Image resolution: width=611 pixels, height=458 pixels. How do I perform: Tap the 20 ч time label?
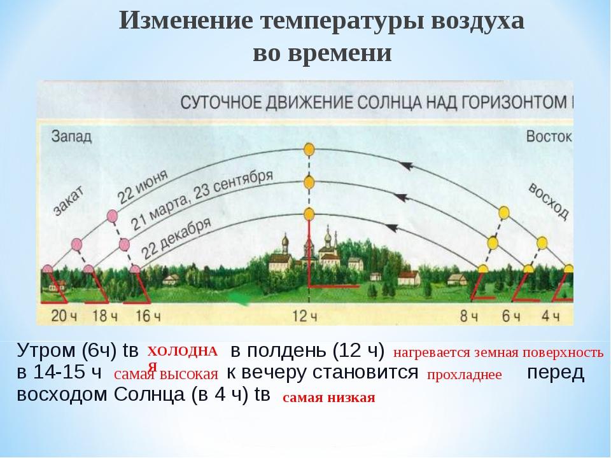click(64, 316)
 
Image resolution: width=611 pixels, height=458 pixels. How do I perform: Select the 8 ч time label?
click(469, 316)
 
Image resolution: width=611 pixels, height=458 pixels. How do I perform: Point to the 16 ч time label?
click(148, 316)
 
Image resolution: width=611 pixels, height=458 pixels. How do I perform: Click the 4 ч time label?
click(551, 316)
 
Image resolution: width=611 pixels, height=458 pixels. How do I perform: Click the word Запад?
click(71, 136)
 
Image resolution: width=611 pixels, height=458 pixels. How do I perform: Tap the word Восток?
click(549, 136)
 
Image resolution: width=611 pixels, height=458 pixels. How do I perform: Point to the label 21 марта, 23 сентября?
click(202, 200)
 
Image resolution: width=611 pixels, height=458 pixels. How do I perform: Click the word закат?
click(69, 200)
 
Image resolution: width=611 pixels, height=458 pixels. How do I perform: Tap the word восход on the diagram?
click(548, 201)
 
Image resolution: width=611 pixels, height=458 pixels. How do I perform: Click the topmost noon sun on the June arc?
click(309, 149)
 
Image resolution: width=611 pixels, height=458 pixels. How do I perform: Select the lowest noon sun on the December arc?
click(309, 214)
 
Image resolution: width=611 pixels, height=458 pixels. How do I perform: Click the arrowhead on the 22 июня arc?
click(407, 165)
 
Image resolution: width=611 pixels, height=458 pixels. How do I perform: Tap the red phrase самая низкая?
click(329, 398)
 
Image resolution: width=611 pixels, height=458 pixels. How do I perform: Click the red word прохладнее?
click(465, 375)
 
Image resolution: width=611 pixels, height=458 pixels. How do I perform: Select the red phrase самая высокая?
click(166, 374)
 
